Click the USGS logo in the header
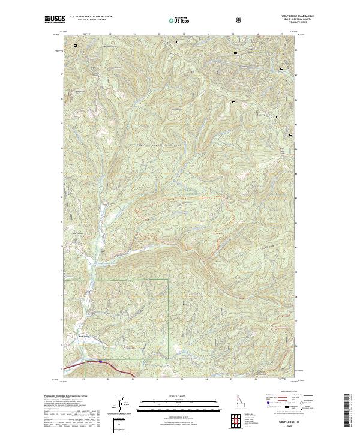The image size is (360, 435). pos(55,19)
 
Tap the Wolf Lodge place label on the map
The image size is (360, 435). pos(84,337)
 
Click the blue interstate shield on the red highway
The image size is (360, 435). pos(100,361)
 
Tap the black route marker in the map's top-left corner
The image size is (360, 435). pos(76,45)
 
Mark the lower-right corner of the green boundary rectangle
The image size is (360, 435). pos(168,359)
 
